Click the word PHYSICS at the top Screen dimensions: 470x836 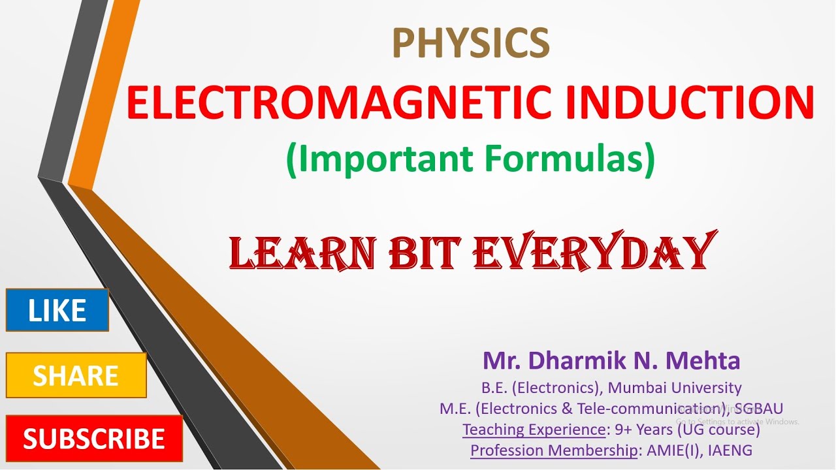pos(470,42)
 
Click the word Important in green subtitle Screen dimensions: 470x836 pos(379,159)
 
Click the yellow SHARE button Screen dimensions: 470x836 pos(76,375)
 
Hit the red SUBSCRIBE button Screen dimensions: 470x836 pos(94,439)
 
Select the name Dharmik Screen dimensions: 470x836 pos(579,360)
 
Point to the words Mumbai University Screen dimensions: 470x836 pos(675,388)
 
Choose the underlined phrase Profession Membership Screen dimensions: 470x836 pos(554,450)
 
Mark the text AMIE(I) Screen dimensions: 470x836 pos(673,450)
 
